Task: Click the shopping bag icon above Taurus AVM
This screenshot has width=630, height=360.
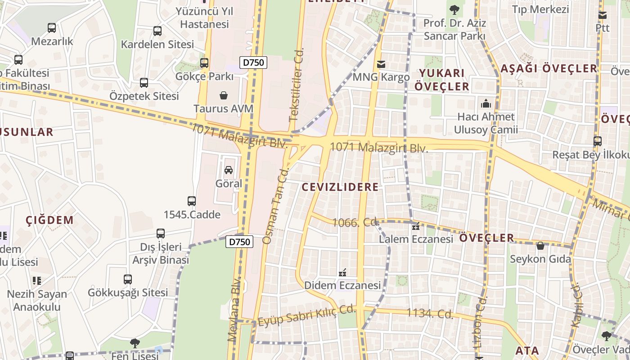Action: click(x=224, y=95)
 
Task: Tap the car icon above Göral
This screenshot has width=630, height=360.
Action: click(x=229, y=170)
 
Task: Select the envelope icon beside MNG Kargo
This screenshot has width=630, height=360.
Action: click(x=381, y=64)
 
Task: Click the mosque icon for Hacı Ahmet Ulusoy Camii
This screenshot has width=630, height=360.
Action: click(x=486, y=104)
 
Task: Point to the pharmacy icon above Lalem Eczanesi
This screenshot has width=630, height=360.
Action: click(x=415, y=226)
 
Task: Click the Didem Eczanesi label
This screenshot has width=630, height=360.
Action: click(x=342, y=285)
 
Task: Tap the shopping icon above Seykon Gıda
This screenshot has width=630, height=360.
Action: click(x=540, y=246)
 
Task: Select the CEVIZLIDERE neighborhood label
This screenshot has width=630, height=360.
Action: click(x=340, y=187)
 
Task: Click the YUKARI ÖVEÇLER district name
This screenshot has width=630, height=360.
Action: click(x=441, y=79)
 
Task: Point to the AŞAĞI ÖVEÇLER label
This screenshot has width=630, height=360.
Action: click(x=549, y=68)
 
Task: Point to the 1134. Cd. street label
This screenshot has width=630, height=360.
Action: click(x=430, y=314)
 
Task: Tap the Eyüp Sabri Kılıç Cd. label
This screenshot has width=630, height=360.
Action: click(x=307, y=315)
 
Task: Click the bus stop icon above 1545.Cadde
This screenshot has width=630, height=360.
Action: click(x=192, y=201)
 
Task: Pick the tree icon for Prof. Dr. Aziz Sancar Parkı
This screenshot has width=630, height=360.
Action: click(x=454, y=9)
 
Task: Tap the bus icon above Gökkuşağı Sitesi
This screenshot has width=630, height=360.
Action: click(x=128, y=279)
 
